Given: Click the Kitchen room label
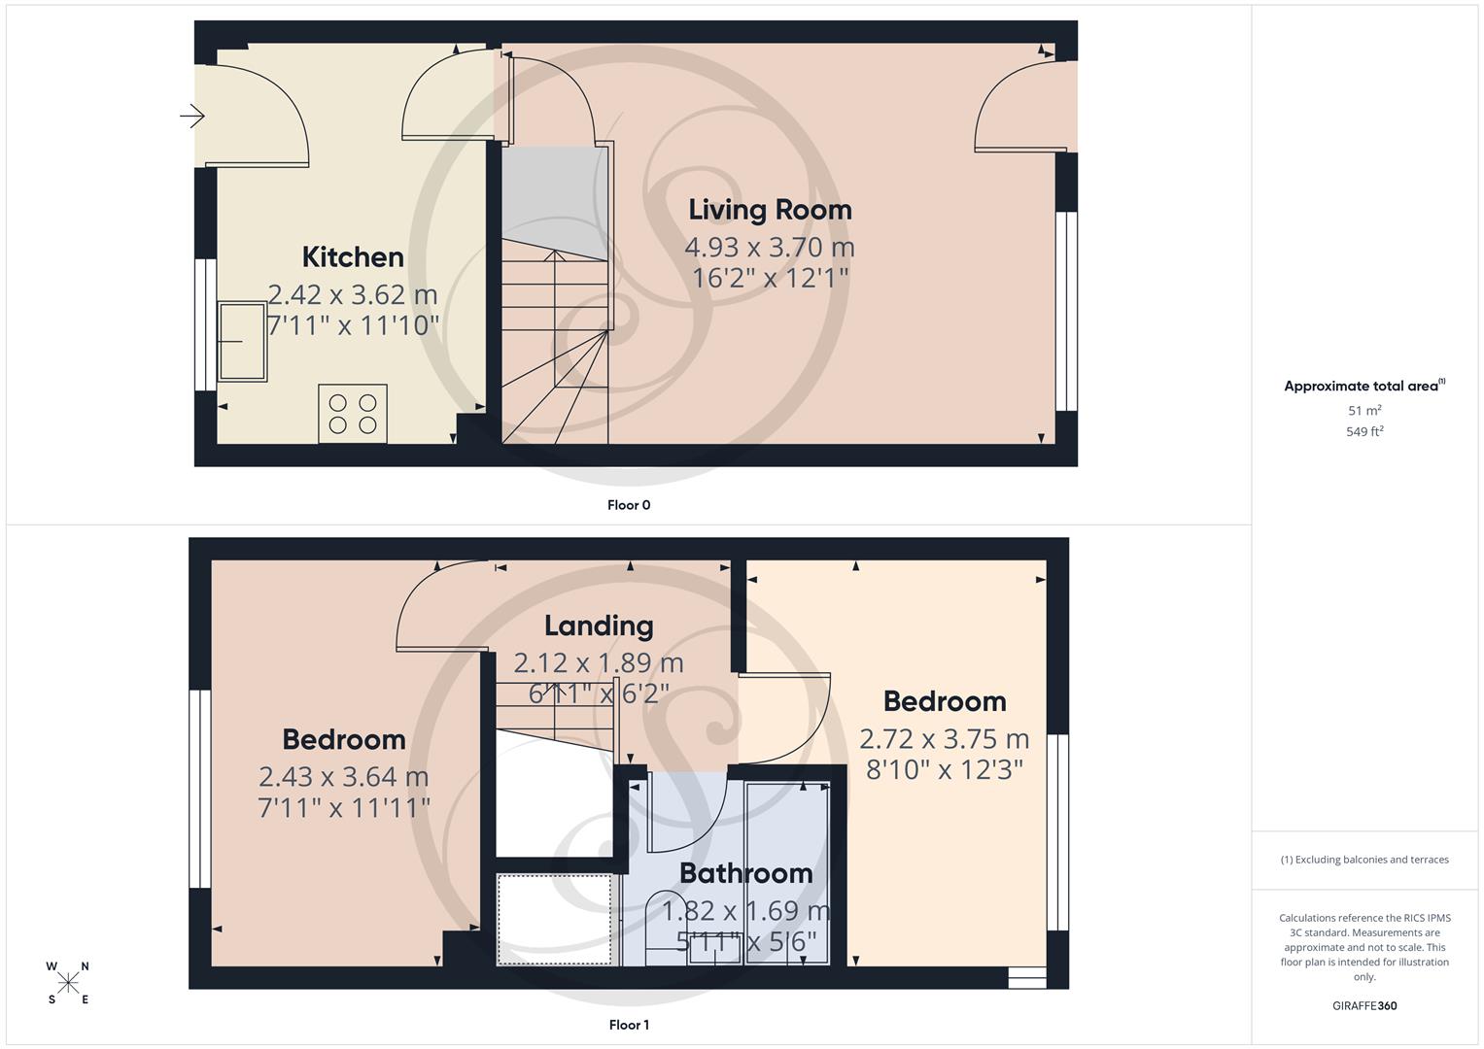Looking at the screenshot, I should pyautogui.click(x=353, y=257).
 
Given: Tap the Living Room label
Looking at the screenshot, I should pyautogui.click(x=770, y=210).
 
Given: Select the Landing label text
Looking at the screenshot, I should pyautogui.click(x=598, y=626).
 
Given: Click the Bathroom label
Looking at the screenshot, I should pyautogui.click(x=745, y=873).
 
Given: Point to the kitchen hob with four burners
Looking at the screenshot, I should pyautogui.click(x=353, y=414).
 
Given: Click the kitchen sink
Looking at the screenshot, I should pyautogui.click(x=242, y=341).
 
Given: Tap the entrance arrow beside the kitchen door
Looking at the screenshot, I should pyautogui.click(x=192, y=117).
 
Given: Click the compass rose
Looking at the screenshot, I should pyautogui.click(x=68, y=983).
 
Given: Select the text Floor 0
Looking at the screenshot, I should pyautogui.click(x=629, y=505).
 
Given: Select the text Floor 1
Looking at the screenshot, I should pyautogui.click(x=629, y=1025).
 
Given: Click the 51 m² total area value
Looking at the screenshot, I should pyautogui.click(x=1364, y=411).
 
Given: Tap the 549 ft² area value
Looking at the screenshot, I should pyautogui.click(x=1364, y=432).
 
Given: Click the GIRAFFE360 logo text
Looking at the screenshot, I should pyautogui.click(x=1364, y=1005).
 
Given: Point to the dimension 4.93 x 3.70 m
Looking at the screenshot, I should pyautogui.click(x=770, y=248).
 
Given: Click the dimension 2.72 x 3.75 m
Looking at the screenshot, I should pyautogui.click(x=944, y=739).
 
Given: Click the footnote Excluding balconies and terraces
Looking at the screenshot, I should pyautogui.click(x=1364, y=860).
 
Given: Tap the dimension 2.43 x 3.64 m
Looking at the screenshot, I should pyautogui.click(x=343, y=777).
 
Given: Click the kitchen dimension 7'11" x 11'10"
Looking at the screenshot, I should pyautogui.click(x=353, y=325).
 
